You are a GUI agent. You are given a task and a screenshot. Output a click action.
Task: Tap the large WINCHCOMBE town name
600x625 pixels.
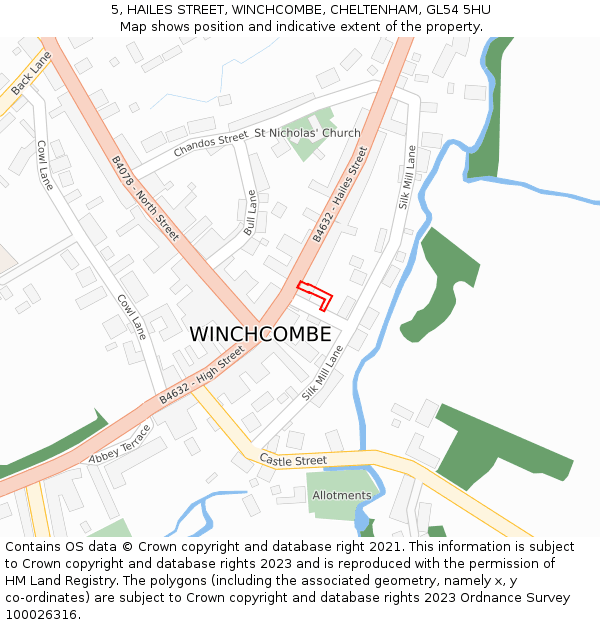coord(260,335)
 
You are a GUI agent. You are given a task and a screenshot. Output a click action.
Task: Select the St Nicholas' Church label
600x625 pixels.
coord(307,133)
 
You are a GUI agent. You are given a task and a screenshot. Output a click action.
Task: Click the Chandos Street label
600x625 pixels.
coord(210,144)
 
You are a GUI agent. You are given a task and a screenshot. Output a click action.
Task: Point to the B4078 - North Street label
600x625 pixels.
coord(144,198)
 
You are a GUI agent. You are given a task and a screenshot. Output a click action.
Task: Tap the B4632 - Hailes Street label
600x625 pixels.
coord(340,194)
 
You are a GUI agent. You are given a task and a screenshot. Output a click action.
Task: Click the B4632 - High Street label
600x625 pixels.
coord(201,376)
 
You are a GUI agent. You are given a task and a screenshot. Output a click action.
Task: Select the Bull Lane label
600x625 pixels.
coord(251,213)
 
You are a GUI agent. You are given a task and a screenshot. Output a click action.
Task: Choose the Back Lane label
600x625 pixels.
coord(31,74)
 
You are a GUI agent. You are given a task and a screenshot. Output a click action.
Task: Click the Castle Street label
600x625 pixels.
coord(293,460)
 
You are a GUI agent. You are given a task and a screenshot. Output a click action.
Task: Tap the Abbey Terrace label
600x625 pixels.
coord(119,445)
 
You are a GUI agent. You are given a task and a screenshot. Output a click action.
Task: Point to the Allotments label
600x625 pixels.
coord(341,495)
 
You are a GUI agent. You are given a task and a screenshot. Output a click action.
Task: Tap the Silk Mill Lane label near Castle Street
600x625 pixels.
coord(322,373)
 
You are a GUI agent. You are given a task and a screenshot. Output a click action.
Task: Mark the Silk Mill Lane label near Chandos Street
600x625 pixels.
coord(406,176)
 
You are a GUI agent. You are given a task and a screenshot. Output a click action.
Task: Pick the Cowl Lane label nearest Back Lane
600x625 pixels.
coord(45,164)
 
